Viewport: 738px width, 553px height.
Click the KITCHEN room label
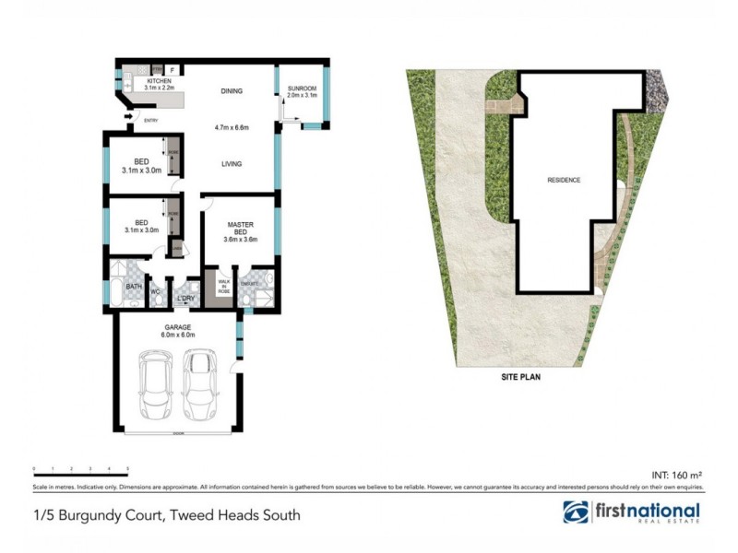[160, 81]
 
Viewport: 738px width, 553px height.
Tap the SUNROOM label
[302, 88]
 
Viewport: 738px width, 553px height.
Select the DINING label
[232, 90]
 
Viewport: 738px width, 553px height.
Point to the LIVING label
[232, 164]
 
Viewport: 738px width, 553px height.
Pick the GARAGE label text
[176, 326]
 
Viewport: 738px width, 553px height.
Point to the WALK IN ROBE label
[223, 286]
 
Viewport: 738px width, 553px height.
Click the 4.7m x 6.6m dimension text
[232, 126]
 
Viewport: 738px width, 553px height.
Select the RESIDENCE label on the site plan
[564, 180]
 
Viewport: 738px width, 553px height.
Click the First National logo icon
[576, 512]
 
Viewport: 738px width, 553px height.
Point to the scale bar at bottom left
[80, 470]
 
